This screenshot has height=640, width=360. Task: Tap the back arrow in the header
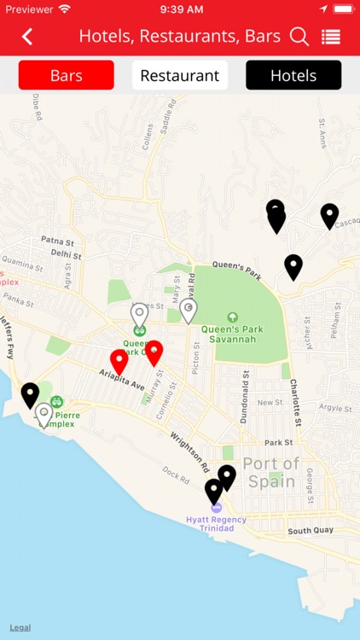pos(28,37)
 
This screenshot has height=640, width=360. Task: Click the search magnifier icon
pos(299,37)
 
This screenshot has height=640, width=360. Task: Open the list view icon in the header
pos(331,37)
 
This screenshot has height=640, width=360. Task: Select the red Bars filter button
pos(66,75)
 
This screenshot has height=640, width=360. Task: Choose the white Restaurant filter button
pos(179,75)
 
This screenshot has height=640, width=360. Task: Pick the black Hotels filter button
pos(293,75)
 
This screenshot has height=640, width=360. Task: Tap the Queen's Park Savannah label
pos(229,333)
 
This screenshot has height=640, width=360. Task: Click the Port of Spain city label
pos(271,472)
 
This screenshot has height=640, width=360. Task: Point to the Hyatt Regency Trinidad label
pos(216,524)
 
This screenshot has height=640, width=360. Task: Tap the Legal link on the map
pos(20,627)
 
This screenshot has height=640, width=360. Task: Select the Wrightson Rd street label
pos(190,451)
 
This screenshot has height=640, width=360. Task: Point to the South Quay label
pos(310,531)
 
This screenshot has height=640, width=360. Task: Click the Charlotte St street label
pos(295,402)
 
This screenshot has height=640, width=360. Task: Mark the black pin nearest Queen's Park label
pos(293,265)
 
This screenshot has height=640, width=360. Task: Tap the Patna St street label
pos(59,241)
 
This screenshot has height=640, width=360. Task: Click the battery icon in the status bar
pos(343,9)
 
